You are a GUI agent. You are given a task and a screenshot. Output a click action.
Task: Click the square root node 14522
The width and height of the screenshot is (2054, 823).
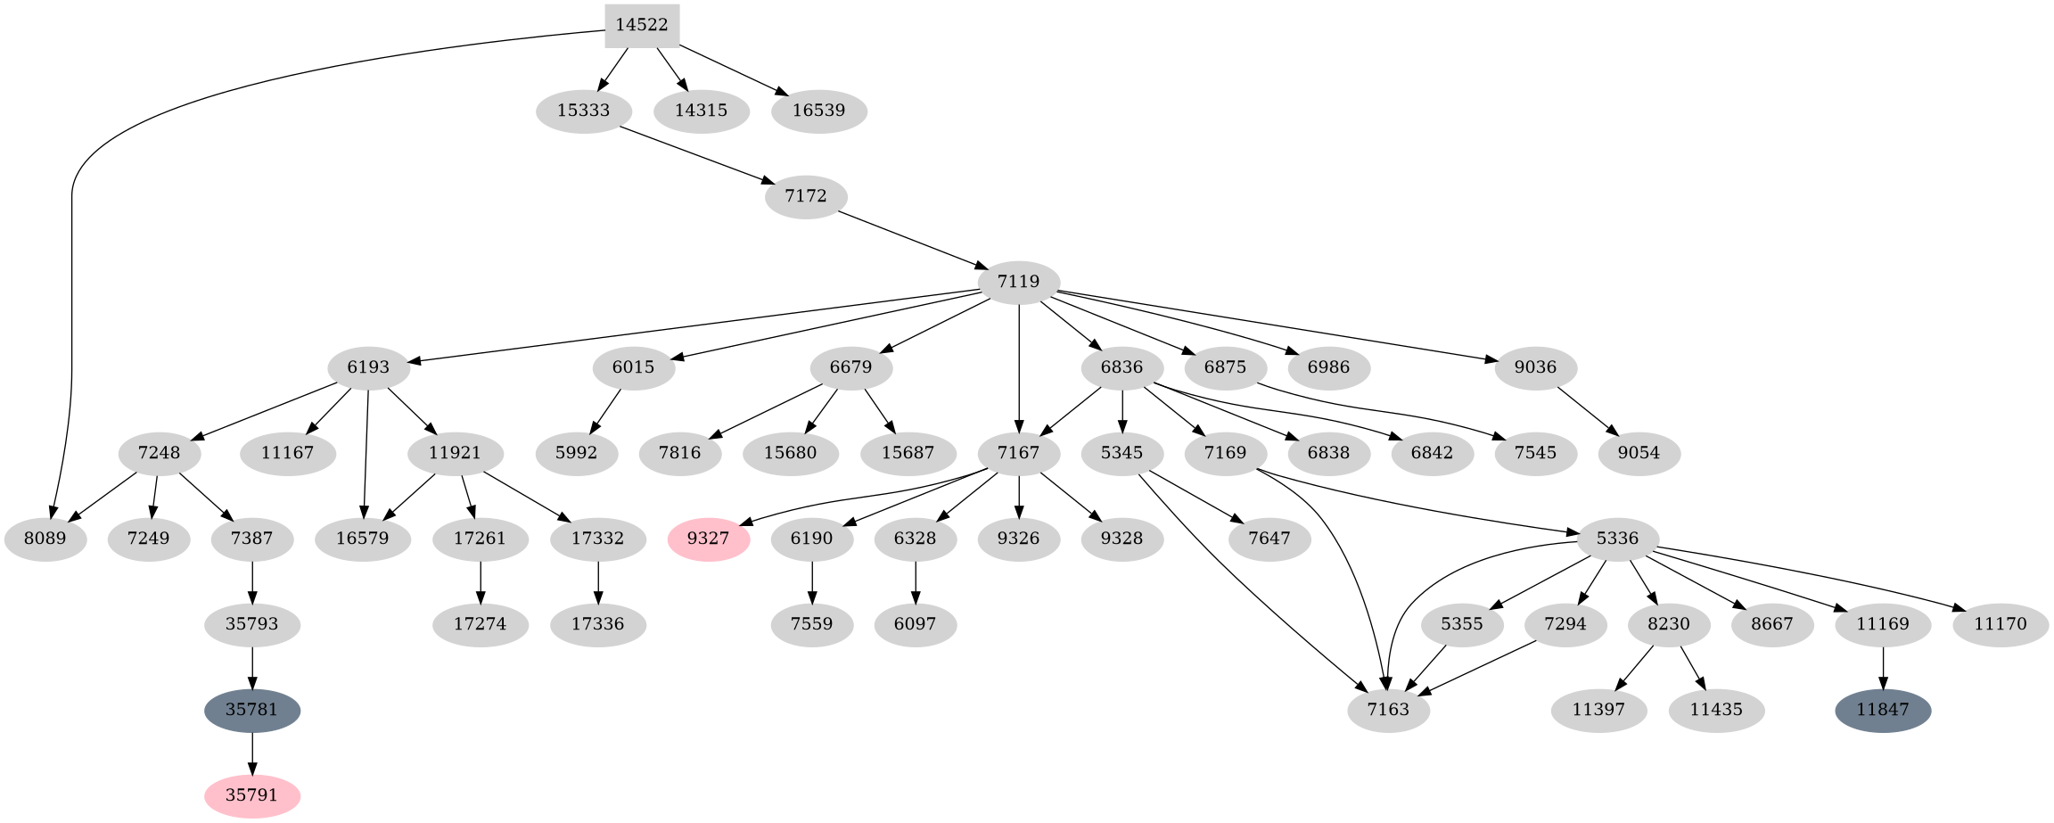[642, 25]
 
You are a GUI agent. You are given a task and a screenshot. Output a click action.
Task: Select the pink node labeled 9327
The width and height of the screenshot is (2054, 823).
[709, 539]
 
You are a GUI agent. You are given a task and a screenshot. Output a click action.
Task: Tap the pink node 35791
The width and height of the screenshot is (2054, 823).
[252, 795]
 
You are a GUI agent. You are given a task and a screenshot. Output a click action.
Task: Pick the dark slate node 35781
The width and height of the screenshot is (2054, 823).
[252, 710]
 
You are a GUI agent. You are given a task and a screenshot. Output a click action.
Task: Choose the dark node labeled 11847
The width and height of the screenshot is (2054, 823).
[1883, 710]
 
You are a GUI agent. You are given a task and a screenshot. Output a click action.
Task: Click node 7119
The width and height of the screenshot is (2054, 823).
[1019, 282]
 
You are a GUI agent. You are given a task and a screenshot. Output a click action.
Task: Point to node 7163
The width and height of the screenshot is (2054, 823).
[1389, 710]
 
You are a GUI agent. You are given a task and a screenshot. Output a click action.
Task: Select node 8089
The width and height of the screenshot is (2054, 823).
[45, 539]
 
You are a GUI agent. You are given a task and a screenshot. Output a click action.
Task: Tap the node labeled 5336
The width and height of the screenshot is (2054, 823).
[1618, 539]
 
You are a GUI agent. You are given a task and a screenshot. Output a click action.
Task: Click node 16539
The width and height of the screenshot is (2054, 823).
[819, 111]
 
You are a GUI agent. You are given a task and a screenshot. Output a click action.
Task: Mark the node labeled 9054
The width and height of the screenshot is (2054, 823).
[1639, 453]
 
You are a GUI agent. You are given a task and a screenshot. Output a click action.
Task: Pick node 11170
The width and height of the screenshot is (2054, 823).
[2000, 624]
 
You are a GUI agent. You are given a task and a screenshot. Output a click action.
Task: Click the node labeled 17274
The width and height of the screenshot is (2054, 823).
[481, 624]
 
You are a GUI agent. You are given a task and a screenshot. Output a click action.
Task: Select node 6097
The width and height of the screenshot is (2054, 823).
[916, 624]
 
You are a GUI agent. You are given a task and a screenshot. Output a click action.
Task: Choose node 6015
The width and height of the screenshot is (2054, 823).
[634, 367]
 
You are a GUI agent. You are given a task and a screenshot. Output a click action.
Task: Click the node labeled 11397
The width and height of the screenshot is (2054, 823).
[1598, 710]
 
